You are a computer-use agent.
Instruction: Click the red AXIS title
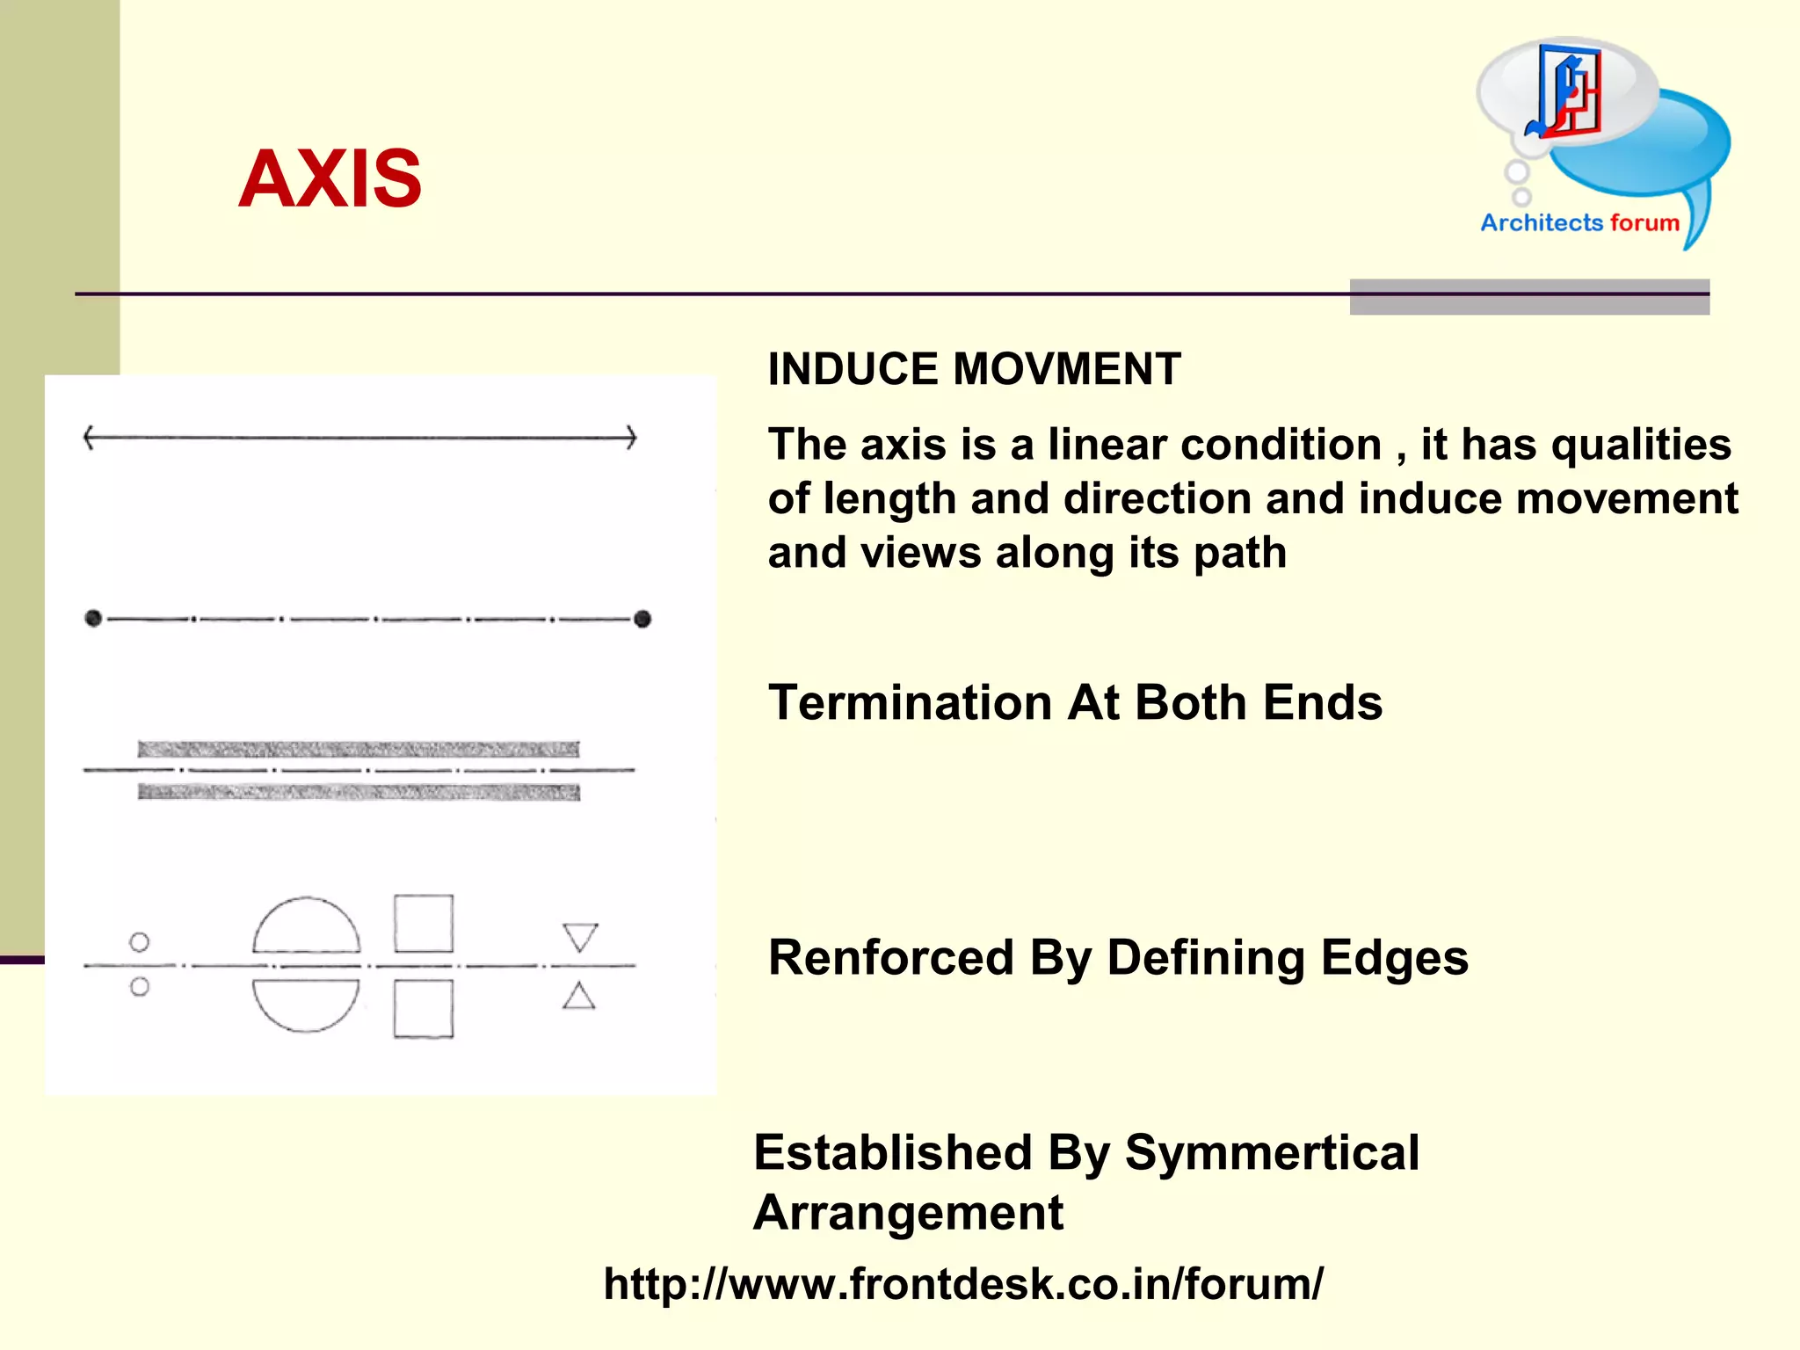coord(330,178)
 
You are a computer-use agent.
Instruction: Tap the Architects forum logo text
coord(1579,222)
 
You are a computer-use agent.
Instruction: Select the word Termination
coord(910,703)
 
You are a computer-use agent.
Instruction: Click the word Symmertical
coord(1272,1152)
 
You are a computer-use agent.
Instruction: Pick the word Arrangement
coord(908,1213)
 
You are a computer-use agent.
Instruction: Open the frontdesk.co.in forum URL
coord(963,1284)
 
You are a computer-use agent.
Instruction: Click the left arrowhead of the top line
coord(89,437)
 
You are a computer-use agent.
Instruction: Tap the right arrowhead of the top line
coord(631,437)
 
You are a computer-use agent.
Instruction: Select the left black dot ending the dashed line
coord(93,618)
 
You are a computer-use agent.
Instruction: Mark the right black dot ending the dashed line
coord(642,619)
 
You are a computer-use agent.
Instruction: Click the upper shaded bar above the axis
coord(359,749)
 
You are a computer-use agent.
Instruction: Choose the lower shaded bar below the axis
coord(359,793)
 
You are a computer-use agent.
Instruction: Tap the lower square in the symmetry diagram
coord(424,1009)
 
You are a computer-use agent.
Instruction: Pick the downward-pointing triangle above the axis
coord(580,936)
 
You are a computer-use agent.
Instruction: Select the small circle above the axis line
coord(139,942)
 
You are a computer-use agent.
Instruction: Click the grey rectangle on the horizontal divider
coord(1529,296)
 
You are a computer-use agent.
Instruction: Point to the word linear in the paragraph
coord(1107,445)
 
